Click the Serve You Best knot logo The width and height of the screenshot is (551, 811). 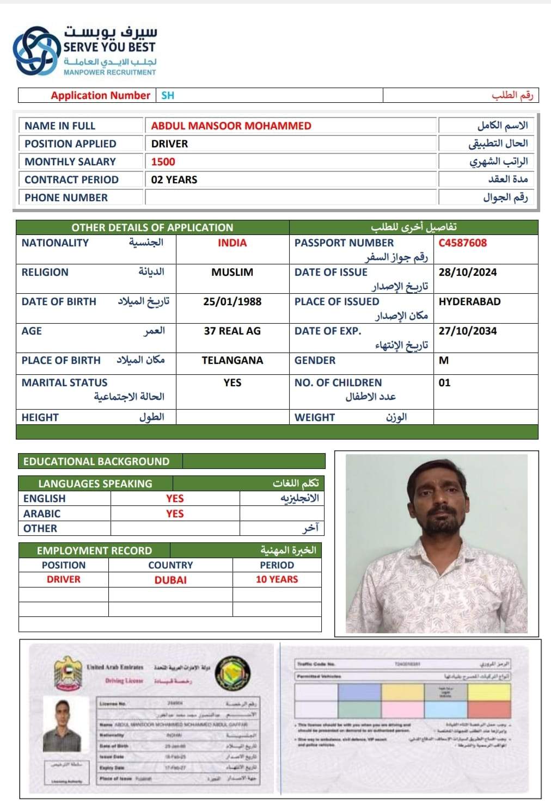(x=36, y=51)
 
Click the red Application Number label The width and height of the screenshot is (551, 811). (x=100, y=95)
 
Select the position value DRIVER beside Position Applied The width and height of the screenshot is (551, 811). (x=169, y=144)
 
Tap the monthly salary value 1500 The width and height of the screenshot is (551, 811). (x=163, y=162)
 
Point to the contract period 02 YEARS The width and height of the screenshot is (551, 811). (x=174, y=179)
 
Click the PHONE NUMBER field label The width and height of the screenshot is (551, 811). (x=66, y=197)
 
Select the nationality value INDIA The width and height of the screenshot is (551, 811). (x=232, y=243)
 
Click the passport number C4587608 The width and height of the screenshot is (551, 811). (x=462, y=243)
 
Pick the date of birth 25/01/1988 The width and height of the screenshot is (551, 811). (x=232, y=301)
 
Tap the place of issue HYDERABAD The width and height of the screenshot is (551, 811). (x=469, y=301)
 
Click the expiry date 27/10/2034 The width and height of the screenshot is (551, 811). (x=467, y=331)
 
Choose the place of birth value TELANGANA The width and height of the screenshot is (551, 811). (x=232, y=360)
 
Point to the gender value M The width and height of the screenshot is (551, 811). (x=443, y=360)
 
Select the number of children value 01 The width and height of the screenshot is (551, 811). (x=444, y=382)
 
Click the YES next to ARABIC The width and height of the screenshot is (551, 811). (x=175, y=513)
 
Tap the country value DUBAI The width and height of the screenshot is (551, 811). (x=170, y=580)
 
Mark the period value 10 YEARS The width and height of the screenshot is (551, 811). (x=277, y=579)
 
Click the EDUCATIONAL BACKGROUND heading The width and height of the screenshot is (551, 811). (x=96, y=461)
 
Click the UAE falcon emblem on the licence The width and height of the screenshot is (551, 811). (x=68, y=673)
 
